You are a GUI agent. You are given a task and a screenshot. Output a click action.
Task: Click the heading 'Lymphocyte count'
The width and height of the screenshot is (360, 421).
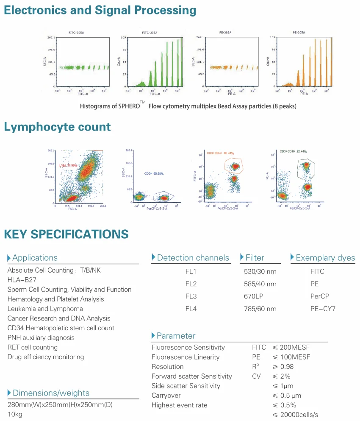pos(57,127)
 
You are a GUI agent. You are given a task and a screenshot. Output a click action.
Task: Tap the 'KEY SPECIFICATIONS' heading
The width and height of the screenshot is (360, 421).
pos(66,234)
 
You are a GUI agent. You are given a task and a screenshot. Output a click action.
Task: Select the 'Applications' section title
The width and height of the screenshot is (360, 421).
pos(35,258)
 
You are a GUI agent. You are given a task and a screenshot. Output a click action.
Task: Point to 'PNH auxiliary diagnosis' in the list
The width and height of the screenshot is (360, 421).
pos(41,337)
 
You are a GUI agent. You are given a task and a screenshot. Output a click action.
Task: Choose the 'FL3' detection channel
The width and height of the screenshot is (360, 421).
pos(191,296)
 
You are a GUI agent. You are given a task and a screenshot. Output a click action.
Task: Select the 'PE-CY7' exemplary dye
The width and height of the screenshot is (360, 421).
pos(323,309)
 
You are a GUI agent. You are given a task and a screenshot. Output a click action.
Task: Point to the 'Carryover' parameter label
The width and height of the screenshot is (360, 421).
pos(166,395)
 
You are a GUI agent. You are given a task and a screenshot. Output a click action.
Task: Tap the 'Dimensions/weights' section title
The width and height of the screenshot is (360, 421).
pos(51,393)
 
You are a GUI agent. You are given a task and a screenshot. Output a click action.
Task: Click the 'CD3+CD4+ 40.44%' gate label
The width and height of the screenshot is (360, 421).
pos(220,153)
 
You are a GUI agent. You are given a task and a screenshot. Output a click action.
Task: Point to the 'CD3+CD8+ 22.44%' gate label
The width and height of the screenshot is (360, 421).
pos(293,151)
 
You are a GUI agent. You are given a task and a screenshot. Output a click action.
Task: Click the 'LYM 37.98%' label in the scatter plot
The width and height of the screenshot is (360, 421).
pos(68,165)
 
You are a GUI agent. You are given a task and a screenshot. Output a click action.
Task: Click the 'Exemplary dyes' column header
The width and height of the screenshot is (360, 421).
pos(325,258)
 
